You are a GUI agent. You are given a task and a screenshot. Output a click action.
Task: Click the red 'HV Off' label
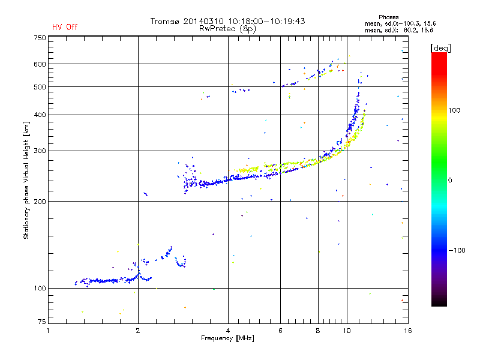pos(65,27)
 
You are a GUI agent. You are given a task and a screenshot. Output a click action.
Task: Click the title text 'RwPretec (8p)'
pos(227,28)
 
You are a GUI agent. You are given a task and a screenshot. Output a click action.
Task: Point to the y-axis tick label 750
pos(40,38)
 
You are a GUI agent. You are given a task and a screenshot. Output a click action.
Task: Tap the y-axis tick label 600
pos(40,64)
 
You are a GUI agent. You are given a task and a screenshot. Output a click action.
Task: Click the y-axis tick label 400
pos(40,115)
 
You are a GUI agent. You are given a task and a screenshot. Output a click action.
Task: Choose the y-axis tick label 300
pos(40,151)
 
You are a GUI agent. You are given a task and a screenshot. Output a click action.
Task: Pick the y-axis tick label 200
pos(40,201)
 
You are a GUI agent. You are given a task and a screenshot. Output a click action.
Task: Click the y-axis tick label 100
pos(40,288)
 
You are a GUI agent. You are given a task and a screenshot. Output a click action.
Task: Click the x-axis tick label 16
pos(407,331)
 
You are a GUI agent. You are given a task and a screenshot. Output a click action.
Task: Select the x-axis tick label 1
pos(48,331)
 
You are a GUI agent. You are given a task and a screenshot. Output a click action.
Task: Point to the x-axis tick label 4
pos(228,331)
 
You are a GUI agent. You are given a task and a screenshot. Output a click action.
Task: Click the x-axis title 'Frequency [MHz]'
pos(227,339)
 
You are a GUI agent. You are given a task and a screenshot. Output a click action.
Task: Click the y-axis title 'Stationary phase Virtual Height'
pos(26,180)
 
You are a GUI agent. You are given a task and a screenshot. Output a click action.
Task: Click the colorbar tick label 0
pos(450,180)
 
